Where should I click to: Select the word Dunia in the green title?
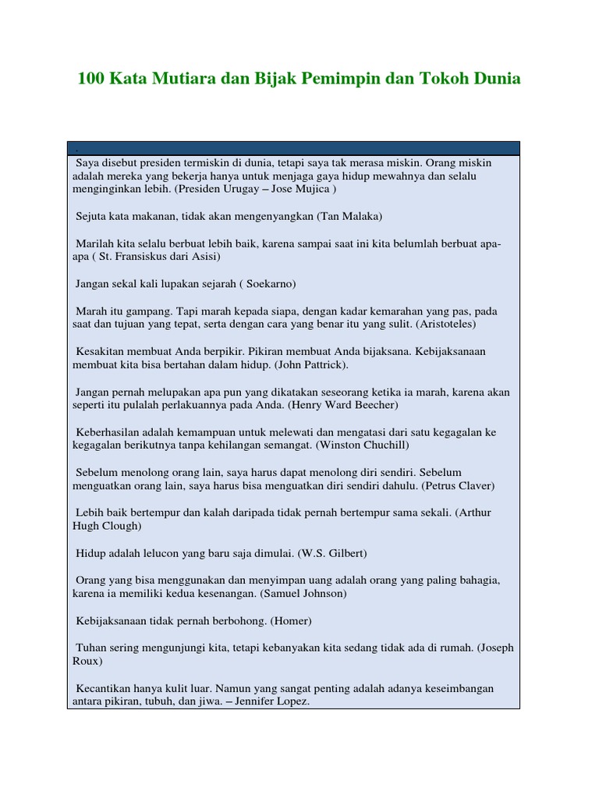click(493, 79)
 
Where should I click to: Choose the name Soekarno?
click(271, 283)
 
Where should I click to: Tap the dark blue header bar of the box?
click(293, 148)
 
